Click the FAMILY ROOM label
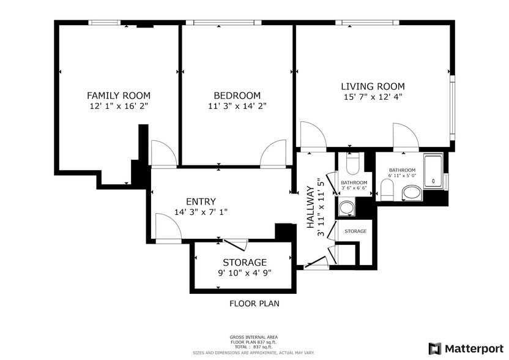(118, 96)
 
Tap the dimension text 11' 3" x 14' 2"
(237, 106)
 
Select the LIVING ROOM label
(373, 86)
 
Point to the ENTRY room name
(201, 201)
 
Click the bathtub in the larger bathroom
(434, 173)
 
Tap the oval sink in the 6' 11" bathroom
(411, 194)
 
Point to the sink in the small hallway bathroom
(347, 209)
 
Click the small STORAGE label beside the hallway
(355, 231)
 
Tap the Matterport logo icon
(434, 348)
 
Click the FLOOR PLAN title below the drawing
(254, 303)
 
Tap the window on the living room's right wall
(451, 107)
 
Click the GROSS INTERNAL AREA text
(254, 337)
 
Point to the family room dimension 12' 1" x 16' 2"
(118, 106)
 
